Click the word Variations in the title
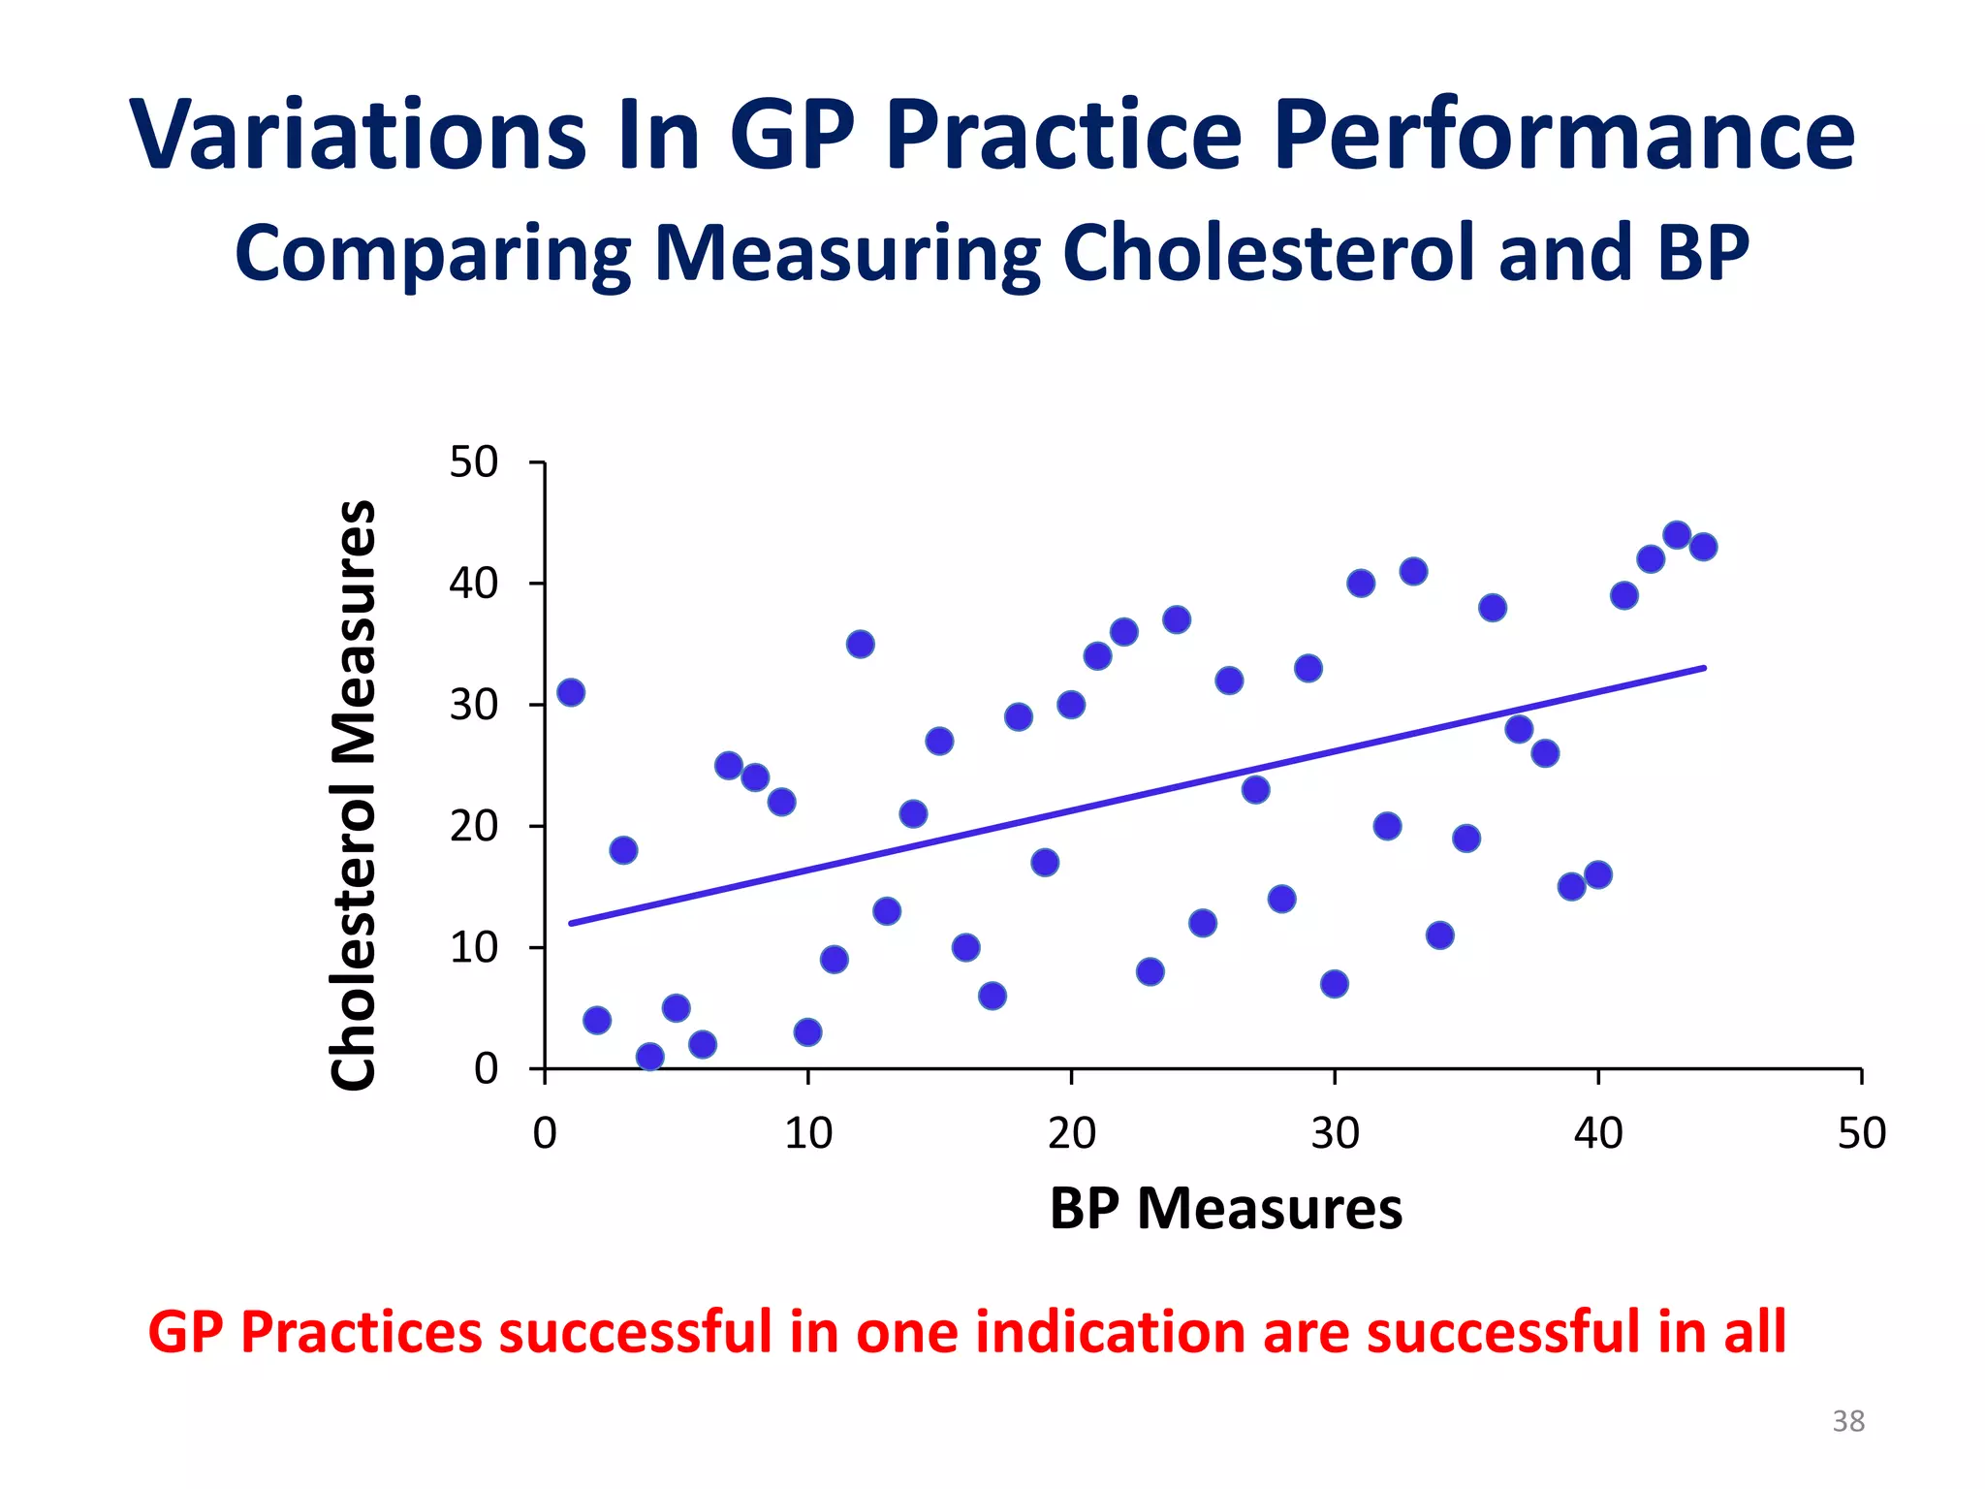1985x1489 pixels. pos(358,136)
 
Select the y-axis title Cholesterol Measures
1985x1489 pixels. pos(354,795)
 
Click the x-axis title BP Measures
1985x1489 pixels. pos(1225,1209)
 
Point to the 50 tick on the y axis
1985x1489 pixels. pos(474,463)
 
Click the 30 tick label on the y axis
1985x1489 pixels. pos(474,705)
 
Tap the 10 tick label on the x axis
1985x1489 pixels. pos(807,1133)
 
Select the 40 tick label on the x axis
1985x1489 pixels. pos(1597,1133)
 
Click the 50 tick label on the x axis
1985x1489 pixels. pos(1861,1133)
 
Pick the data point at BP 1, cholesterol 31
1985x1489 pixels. pos(571,692)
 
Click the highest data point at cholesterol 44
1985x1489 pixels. pos(1677,535)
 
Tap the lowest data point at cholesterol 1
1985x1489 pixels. pos(650,1056)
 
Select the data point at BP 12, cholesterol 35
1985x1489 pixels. pos(861,644)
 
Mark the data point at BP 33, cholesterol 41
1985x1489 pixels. pos(1413,571)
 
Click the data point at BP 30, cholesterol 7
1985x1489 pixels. pos(1335,984)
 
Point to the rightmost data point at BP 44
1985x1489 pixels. pos(1703,547)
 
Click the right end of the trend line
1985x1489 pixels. pos(1703,668)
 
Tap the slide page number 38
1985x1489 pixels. pos(1847,1421)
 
